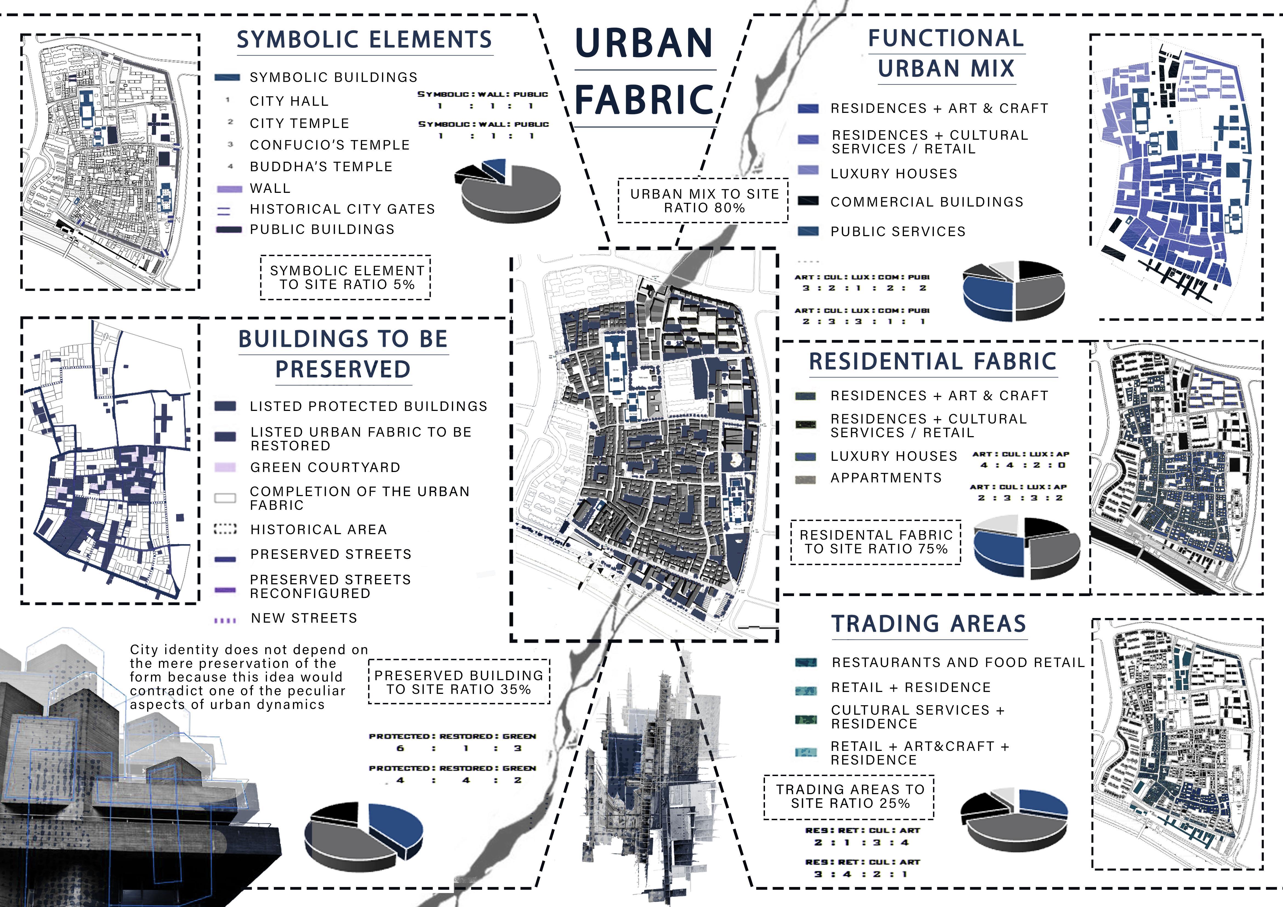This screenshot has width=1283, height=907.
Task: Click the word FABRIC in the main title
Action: pos(644,99)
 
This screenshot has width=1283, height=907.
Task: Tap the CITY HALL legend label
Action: pos(289,101)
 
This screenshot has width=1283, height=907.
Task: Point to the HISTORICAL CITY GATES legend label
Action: pos(342,209)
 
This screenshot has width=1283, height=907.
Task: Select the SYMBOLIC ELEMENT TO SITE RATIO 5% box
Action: pos(346,277)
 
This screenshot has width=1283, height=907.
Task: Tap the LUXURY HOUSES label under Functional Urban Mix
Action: pos(894,174)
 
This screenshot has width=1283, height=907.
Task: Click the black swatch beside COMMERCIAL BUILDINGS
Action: pos(808,201)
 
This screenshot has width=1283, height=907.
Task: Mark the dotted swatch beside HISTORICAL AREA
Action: pos(225,529)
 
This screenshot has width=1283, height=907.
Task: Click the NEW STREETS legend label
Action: pos(303,618)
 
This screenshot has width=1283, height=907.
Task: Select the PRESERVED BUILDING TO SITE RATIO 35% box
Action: pos(459,682)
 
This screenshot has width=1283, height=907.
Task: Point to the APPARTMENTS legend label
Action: pos(886,478)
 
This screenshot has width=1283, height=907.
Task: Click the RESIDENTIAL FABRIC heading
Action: pos(933,361)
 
